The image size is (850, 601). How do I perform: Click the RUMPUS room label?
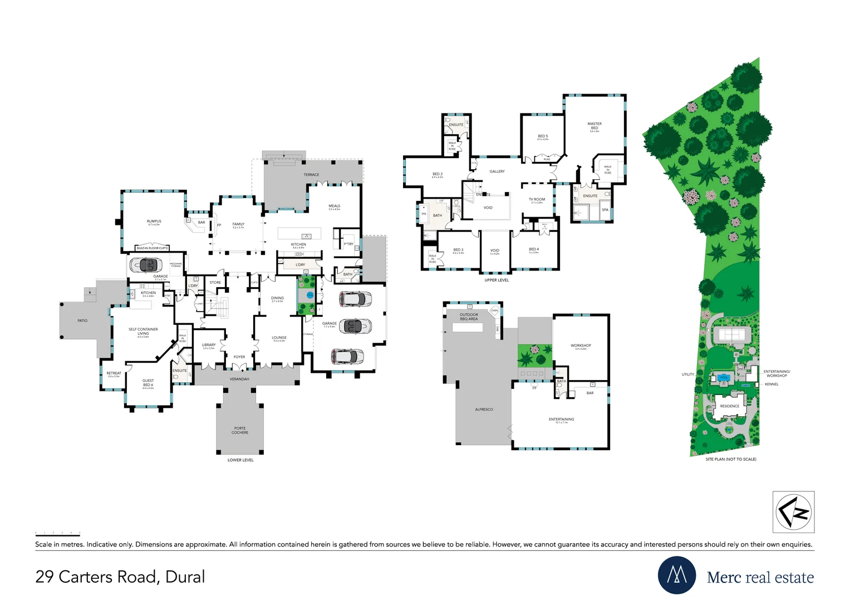point(154,221)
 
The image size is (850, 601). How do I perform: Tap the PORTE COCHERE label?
point(240,430)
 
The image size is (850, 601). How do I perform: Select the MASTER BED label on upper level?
point(594,126)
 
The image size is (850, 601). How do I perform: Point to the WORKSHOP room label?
point(581,346)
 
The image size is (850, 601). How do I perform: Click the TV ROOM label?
point(537,199)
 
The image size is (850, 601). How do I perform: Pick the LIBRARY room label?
point(209,345)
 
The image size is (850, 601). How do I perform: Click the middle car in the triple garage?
point(355,326)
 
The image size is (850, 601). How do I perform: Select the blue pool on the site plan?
point(724,377)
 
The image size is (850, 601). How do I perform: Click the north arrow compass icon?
point(793,512)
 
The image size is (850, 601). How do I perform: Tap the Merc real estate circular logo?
point(676,575)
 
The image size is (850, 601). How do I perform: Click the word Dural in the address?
point(185,577)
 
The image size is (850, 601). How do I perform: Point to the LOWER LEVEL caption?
point(240,460)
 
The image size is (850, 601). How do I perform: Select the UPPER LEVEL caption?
point(497,280)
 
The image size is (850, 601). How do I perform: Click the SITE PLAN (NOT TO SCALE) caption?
point(731,459)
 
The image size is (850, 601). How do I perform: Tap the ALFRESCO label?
point(484,410)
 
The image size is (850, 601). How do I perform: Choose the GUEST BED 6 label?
point(148,383)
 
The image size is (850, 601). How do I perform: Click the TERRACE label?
point(311,175)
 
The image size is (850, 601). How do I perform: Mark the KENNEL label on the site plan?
point(772,384)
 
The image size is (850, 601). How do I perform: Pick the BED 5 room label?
point(543,136)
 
